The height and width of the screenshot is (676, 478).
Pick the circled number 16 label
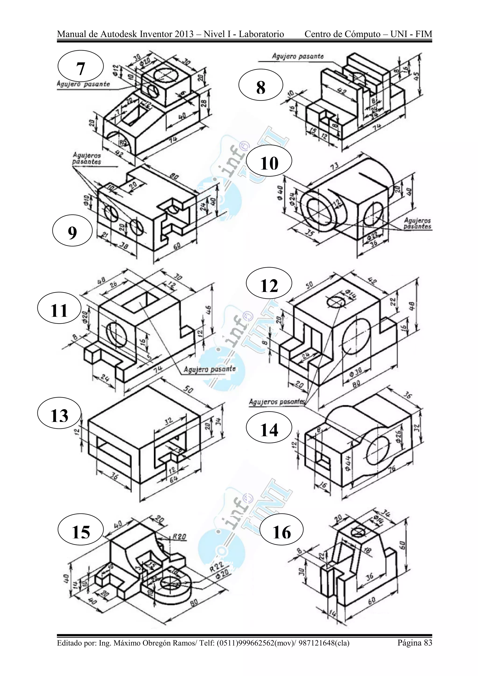point(282,532)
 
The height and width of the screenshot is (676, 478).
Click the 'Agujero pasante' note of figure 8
point(298,56)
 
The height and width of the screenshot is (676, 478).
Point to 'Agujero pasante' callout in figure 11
point(210,369)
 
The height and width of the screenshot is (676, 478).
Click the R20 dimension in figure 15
point(179,536)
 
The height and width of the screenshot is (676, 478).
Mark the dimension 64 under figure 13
point(173,479)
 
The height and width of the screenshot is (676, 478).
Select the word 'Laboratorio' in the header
point(261,34)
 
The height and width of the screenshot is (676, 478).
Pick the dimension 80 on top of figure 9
point(174,177)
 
